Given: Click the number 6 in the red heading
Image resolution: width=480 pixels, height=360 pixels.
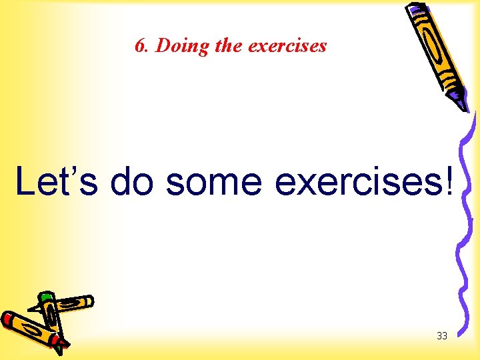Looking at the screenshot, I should (x=139, y=46).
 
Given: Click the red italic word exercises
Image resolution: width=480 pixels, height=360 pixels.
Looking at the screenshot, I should (x=287, y=45).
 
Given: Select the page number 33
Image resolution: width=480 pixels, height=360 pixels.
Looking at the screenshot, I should (x=441, y=336).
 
